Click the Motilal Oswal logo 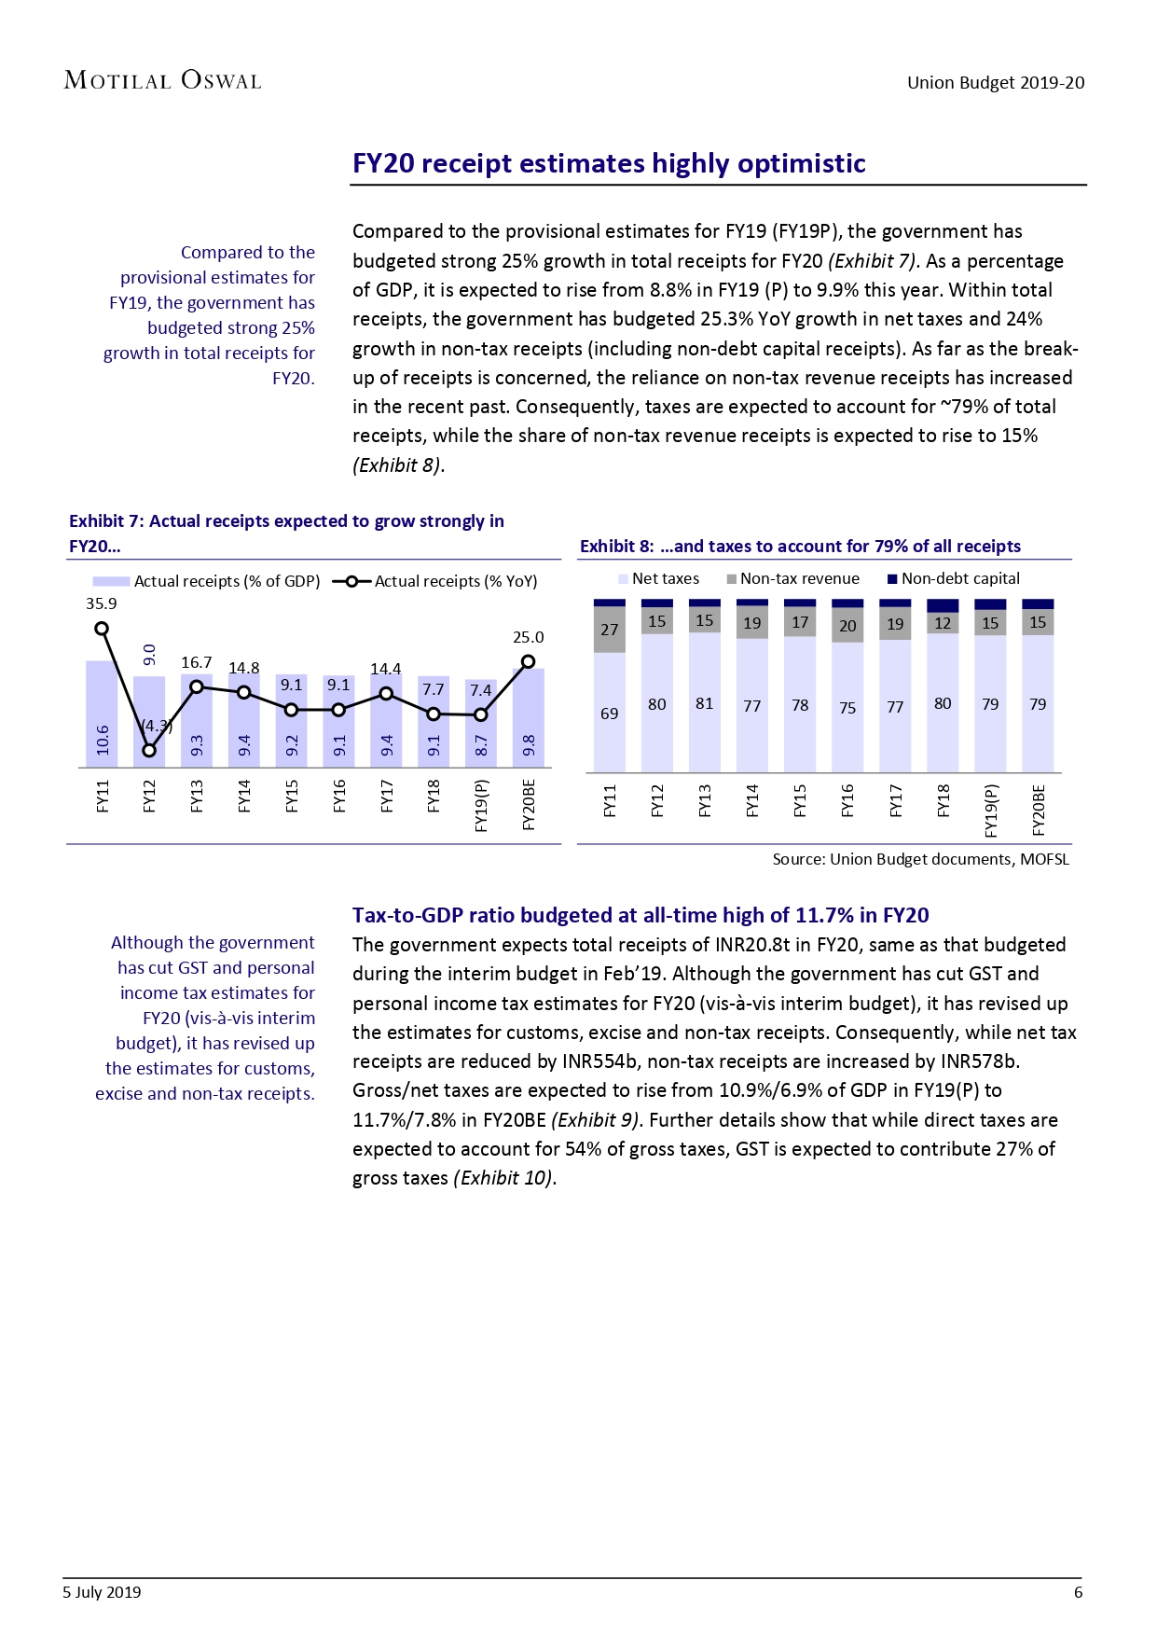click(162, 80)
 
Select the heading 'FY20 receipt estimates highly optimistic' click(609, 163)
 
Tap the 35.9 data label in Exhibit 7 click(101, 603)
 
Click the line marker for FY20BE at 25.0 click(528, 661)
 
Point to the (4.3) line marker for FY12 click(149, 750)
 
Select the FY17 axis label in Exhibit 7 click(386, 797)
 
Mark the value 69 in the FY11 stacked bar click(609, 714)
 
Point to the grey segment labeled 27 click(609, 630)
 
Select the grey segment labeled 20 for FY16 click(847, 626)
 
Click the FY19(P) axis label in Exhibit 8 click(991, 809)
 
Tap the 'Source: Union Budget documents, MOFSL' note click(920, 859)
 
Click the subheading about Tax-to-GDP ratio click(640, 915)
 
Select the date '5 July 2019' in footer click(102, 1592)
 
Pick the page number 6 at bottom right click(1078, 1592)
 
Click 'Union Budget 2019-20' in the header click(996, 82)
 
